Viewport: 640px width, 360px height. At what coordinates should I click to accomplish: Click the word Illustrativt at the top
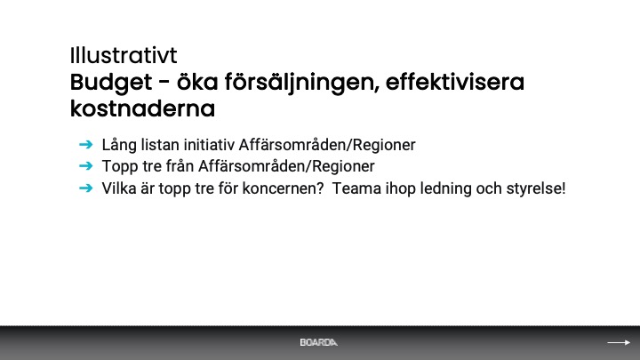click(124, 55)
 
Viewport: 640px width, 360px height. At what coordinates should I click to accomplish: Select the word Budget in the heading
click(111, 83)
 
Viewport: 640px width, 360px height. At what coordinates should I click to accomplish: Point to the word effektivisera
click(455, 82)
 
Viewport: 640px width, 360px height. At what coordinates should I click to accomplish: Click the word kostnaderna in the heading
click(142, 108)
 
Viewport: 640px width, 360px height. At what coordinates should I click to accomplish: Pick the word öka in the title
click(197, 82)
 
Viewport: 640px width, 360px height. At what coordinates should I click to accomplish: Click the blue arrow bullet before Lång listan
click(85, 145)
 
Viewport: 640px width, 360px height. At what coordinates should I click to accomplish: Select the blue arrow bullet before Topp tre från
click(85, 166)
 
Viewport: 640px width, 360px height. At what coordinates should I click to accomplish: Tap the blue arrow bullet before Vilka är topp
click(85, 188)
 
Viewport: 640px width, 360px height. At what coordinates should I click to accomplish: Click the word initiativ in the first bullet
click(209, 145)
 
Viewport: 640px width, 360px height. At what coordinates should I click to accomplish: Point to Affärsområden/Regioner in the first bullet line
click(327, 145)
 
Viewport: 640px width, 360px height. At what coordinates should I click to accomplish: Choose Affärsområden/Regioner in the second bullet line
click(286, 166)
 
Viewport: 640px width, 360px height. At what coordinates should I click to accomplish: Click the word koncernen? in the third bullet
click(283, 188)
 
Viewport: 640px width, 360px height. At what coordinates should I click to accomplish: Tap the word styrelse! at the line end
click(536, 189)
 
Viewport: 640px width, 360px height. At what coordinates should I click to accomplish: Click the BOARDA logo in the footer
click(319, 342)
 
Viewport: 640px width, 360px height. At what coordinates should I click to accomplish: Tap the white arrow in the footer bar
click(619, 342)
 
